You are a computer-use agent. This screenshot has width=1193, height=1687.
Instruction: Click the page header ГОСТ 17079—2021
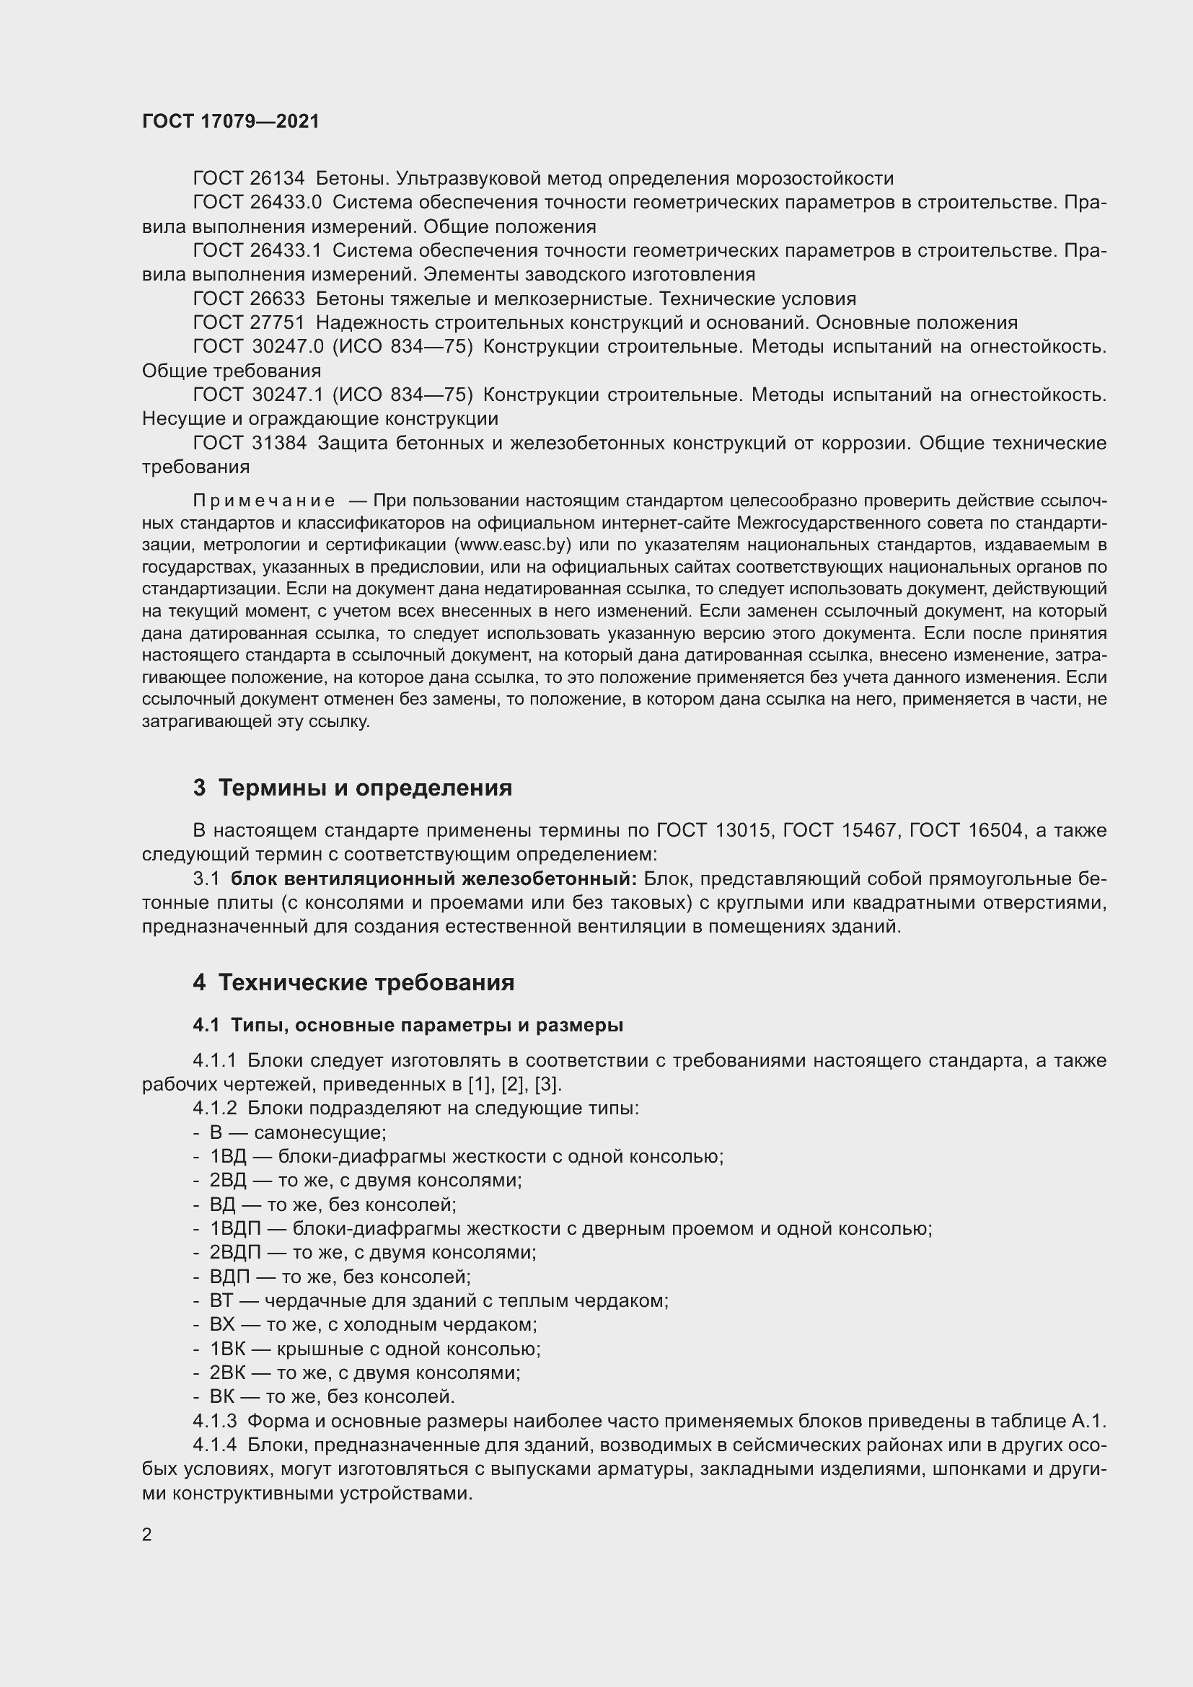tap(231, 121)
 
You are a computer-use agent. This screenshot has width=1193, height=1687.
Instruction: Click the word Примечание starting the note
tap(264, 501)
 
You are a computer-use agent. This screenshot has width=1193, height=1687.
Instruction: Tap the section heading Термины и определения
tap(365, 788)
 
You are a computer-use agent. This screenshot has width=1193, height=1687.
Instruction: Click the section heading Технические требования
tap(366, 983)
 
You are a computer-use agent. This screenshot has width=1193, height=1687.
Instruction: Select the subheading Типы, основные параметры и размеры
tap(426, 1025)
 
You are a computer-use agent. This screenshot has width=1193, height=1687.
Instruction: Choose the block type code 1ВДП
tap(235, 1228)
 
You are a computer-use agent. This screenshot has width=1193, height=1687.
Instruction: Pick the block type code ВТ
tap(221, 1300)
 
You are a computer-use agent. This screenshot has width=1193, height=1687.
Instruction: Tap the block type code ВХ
tap(222, 1325)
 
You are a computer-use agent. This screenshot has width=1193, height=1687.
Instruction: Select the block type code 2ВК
tap(227, 1373)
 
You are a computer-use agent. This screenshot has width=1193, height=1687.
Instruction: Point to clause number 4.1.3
tap(214, 1421)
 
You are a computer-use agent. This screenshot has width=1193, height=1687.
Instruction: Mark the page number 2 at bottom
tap(147, 1535)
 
